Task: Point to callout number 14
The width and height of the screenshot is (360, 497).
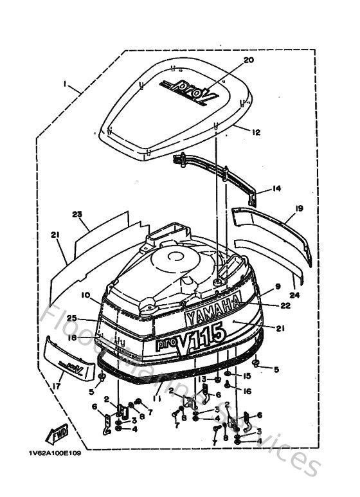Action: [x=276, y=188]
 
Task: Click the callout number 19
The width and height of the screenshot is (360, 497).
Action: [x=300, y=209]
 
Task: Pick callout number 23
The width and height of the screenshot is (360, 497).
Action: [x=78, y=214]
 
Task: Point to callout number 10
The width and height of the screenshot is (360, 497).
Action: [x=85, y=295]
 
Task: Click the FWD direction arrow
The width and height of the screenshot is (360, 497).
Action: [x=59, y=434]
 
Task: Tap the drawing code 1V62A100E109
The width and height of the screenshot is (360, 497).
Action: [x=55, y=453]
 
